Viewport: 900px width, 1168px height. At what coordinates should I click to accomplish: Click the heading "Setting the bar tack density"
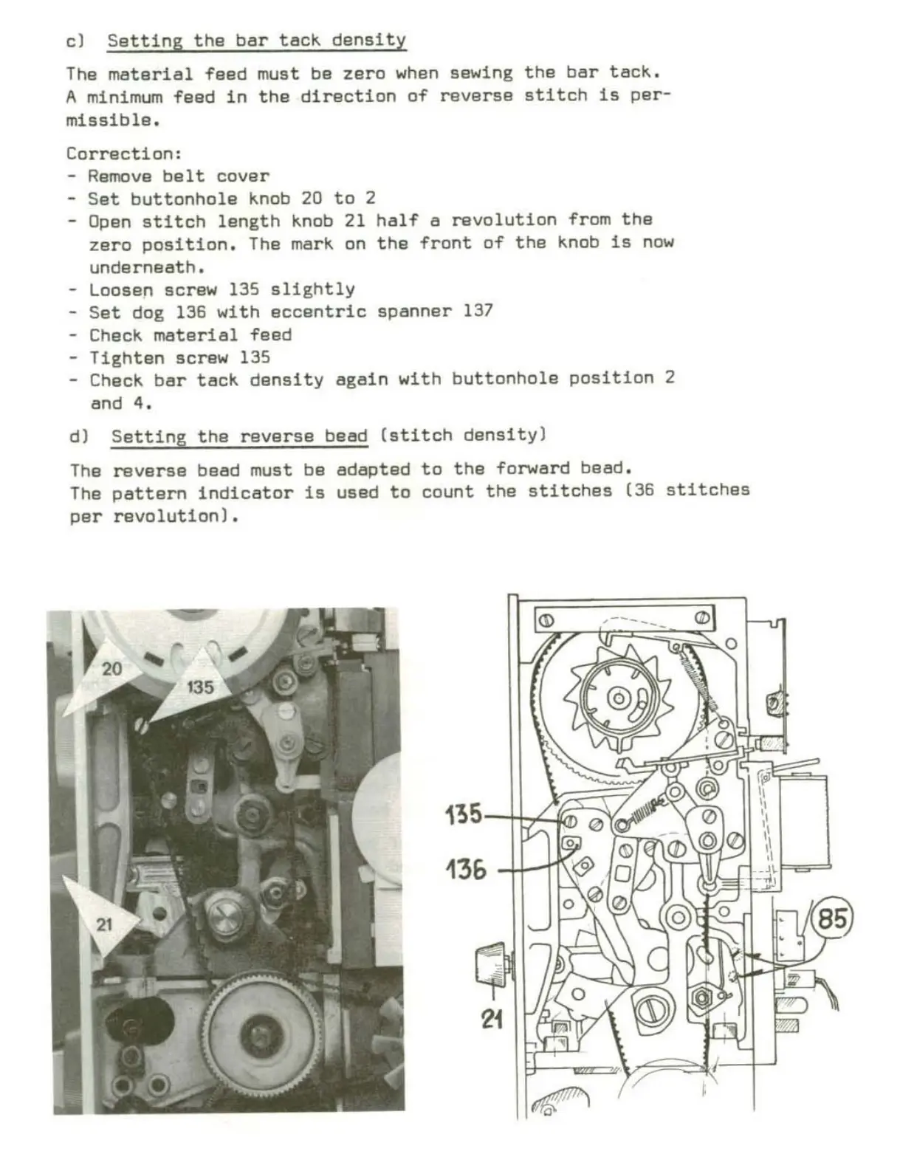[256, 40]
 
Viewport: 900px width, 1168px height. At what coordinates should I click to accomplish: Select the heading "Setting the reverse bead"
[239, 436]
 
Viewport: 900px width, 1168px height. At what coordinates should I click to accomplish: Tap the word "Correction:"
[123, 154]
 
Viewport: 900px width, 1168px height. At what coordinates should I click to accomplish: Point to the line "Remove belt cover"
[178, 176]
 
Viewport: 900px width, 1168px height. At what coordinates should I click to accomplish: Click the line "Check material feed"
[190, 334]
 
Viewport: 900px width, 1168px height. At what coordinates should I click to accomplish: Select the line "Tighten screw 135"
[179, 357]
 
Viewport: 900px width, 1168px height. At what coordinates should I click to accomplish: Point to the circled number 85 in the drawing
[831, 918]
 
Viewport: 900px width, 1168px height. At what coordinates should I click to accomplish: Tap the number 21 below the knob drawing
[492, 1020]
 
